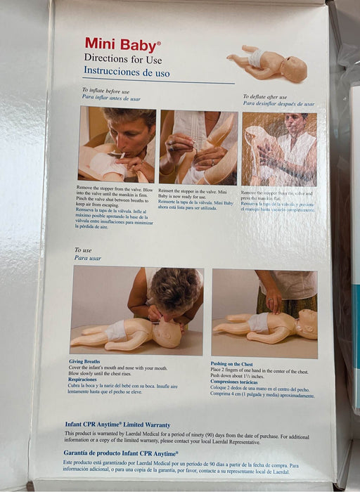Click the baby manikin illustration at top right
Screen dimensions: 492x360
267,64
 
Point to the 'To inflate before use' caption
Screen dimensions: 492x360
105,91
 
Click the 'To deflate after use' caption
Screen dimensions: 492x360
265,97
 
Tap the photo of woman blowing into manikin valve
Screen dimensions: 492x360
117,145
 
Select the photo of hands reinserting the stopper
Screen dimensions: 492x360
198,147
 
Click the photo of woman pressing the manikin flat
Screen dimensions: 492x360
279,149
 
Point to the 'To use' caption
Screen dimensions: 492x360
83,250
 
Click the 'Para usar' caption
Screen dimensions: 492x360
88,258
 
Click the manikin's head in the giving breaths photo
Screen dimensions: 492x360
167,334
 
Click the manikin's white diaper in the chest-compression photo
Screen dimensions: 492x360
259,323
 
